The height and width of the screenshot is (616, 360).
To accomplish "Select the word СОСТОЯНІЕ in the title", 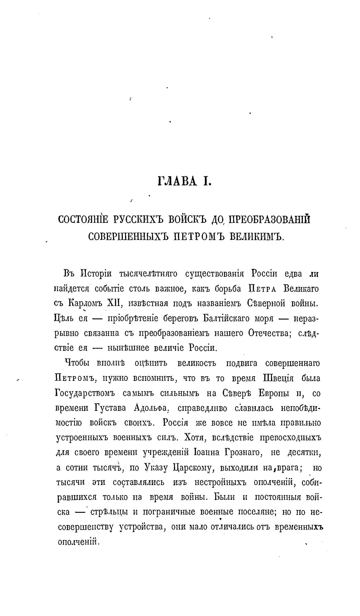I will (x=83, y=219).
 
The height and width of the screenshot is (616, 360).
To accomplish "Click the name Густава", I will (x=110, y=408).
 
